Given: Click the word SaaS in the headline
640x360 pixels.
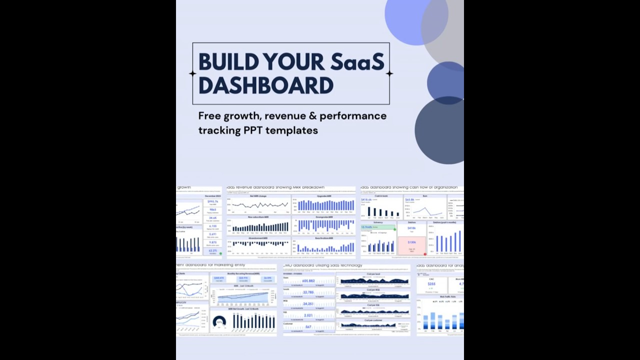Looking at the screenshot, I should (357, 62).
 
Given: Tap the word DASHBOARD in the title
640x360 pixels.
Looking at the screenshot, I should (265, 85).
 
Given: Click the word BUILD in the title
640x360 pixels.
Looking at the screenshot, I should (228, 62).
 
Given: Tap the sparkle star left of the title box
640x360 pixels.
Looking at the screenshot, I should (192, 73).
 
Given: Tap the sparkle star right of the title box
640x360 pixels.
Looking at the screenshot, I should (389, 73).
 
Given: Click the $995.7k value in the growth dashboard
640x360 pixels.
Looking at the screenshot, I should (213, 201).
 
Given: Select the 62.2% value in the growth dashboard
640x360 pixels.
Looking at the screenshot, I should (213, 250).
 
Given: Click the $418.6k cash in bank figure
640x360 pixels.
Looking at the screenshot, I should (366, 200).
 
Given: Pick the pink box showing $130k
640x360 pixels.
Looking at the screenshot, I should (411, 245).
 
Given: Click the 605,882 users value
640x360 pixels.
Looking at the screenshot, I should (308, 281).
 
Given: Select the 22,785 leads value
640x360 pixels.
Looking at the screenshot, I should (308, 292).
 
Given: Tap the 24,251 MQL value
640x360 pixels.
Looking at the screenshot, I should (308, 304).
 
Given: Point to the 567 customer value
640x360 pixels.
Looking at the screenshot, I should (308, 327).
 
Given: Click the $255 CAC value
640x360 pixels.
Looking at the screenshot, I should (431, 284).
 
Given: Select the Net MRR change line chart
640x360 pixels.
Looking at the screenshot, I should (258, 204).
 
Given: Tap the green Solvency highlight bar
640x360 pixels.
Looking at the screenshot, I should (378, 227).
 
